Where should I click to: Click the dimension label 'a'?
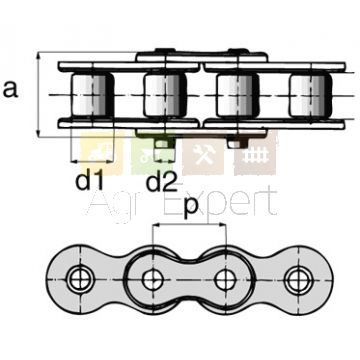[x=10, y=89]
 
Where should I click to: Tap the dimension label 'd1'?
[x=89, y=182]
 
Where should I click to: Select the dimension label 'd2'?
[x=162, y=182]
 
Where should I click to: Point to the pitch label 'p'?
[x=190, y=208]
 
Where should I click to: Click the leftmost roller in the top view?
[x=93, y=95]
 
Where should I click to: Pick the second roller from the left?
[x=165, y=95]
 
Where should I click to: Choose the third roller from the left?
[x=238, y=95]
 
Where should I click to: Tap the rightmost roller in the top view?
[x=310, y=95]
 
